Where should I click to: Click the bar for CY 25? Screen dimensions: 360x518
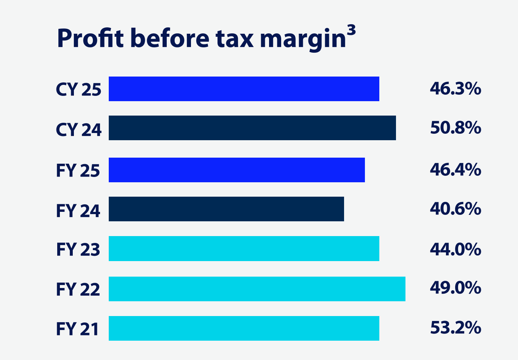(x=244, y=89)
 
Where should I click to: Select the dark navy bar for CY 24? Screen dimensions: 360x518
(x=252, y=128)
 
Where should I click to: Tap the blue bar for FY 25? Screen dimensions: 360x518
(x=236, y=170)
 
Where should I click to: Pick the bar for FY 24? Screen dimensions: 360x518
(x=226, y=209)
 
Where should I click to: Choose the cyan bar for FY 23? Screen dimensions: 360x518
(x=244, y=249)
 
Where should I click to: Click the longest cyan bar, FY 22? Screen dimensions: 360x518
(x=257, y=289)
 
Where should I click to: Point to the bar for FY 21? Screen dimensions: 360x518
(x=244, y=328)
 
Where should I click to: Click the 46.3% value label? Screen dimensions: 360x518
(x=455, y=89)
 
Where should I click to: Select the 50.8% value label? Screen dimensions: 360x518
(x=455, y=128)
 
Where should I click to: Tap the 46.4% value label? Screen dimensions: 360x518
(x=455, y=169)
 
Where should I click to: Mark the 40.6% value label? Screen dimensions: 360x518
(x=455, y=209)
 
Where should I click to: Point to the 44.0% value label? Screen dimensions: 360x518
(x=455, y=249)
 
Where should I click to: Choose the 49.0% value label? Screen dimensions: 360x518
(x=455, y=288)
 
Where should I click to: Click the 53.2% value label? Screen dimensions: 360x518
(x=455, y=328)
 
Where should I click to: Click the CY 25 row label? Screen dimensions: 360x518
(x=78, y=90)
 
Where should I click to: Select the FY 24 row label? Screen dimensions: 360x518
(x=78, y=211)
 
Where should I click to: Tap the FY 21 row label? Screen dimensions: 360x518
(x=78, y=329)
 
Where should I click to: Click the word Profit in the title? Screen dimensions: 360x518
(x=90, y=38)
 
